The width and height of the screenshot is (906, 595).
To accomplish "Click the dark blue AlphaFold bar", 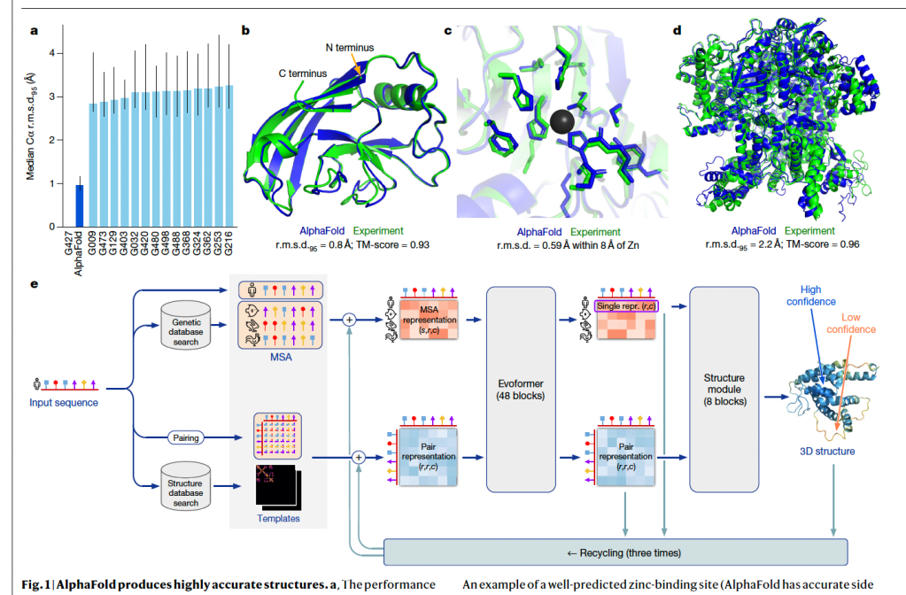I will coord(79,205).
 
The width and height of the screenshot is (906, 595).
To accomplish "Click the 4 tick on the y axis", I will coord(52,53).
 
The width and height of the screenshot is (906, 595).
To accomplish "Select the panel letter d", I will coord(678,30).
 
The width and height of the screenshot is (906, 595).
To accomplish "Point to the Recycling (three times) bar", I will coord(616,552).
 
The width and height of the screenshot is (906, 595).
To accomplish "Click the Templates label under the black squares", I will coord(276,518).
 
